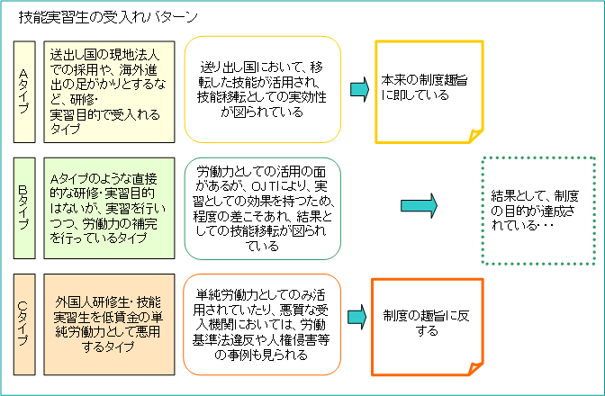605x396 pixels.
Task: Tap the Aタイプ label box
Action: point(26,90)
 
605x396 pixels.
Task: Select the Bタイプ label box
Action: point(26,207)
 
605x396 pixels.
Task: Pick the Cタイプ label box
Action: point(26,325)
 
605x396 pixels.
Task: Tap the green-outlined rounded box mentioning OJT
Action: point(264,207)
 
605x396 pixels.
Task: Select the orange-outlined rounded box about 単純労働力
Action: point(264,325)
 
